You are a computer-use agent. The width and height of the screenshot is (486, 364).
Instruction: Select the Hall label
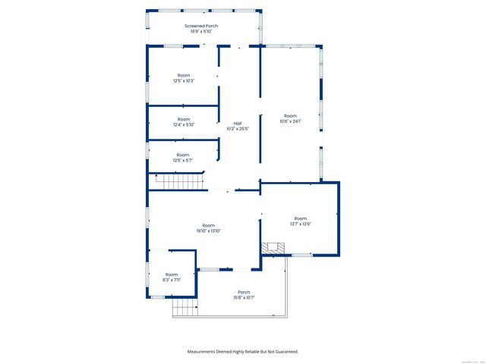point(238,123)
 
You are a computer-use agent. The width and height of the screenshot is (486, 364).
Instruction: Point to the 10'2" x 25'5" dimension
point(238,129)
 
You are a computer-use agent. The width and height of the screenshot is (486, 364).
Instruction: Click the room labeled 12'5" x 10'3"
point(184,78)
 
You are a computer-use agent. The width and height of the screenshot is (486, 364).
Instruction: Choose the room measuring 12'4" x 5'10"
point(184,121)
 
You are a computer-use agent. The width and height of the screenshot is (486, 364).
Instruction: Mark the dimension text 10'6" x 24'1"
point(290,121)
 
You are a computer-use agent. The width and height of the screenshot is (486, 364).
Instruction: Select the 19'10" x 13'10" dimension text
point(208,231)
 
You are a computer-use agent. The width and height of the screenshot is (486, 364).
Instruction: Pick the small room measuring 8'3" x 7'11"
point(172,277)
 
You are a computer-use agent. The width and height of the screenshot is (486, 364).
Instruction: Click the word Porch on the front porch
point(244,292)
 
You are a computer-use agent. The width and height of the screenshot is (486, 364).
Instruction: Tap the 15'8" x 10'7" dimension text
point(244,298)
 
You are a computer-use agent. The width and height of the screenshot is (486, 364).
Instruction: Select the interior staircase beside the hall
point(181,182)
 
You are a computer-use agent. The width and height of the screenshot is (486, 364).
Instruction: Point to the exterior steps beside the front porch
point(184,307)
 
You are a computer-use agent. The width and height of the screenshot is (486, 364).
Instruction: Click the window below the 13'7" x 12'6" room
point(302,255)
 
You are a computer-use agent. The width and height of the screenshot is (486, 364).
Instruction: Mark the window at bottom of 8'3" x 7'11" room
point(158,297)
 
